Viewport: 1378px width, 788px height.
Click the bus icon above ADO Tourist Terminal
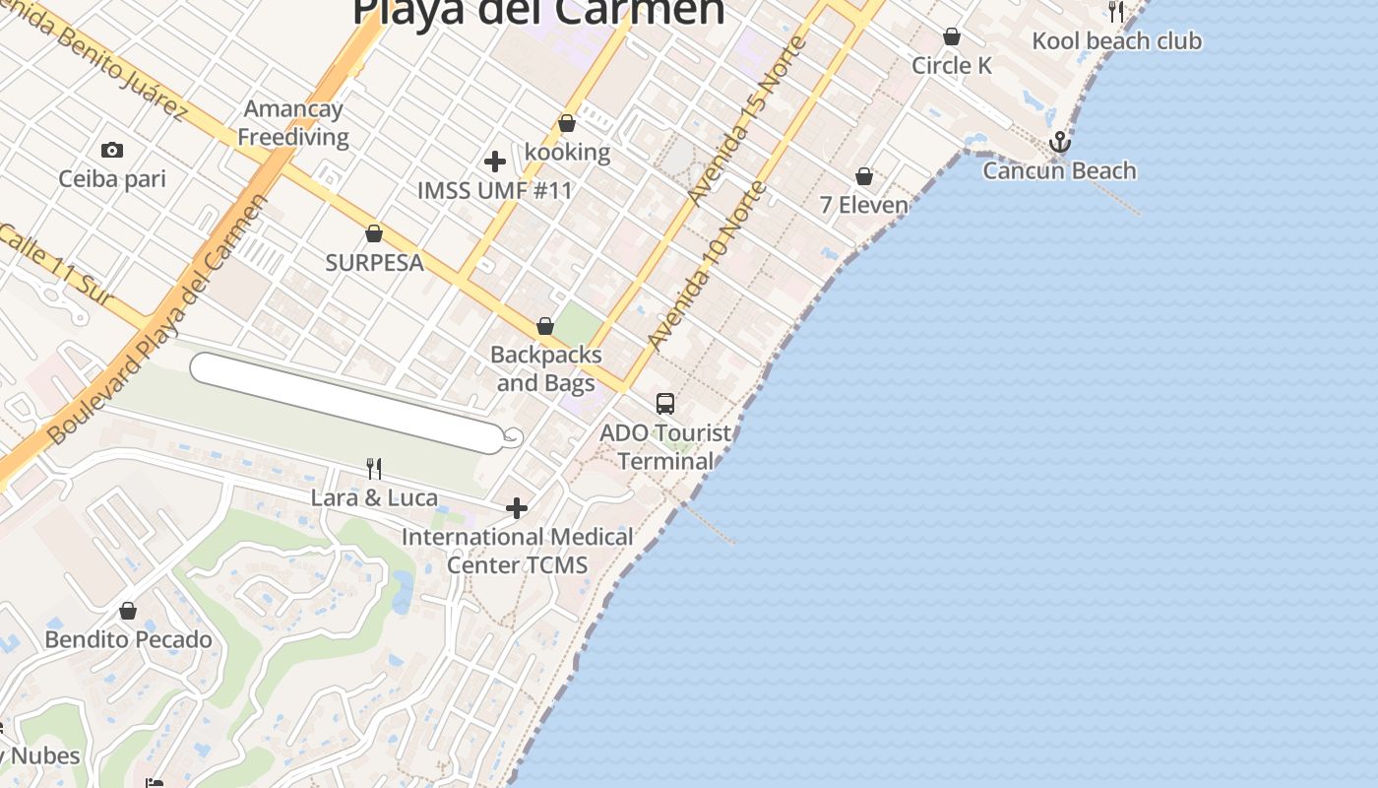pyautogui.click(x=665, y=403)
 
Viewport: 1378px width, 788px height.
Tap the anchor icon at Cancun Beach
pyautogui.click(x=1059, y=143)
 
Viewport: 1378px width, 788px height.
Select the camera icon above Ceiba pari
pyautogui.click(x=112, y=151)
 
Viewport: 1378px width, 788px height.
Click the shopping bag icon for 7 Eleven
pyautogui.click(x=864, y=176)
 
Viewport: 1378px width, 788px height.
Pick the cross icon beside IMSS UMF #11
pyautogui.click(x=495, y=161)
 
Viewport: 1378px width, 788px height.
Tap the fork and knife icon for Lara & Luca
pyautogui.click(x=374, y=469)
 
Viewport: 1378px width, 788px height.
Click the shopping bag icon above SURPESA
pyautogui.click(x=374, y=233)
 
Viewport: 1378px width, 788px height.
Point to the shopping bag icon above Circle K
pyautogui.click(x=952, y=36)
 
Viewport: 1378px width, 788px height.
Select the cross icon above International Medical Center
pyautogui.click(x=517, y=508)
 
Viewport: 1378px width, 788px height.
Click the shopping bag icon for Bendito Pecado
pyautogui.click(x=128, y=611)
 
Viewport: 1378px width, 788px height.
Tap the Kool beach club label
pyautogui.click(x=1116, y=41)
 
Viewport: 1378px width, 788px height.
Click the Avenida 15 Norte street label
pyautogui.click(x=747, y=119)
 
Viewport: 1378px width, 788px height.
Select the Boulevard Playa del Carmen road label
pyautogui.click(x=157, y=319)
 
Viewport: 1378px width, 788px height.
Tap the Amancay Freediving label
pyautogui.click(x=293, y=123)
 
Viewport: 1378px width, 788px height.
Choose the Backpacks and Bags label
pyautogui.click(x=545, y=368)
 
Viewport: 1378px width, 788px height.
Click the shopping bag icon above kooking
pyautogui.click(x=567, y=124)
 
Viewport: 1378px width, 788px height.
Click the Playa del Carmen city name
pyautogui.click(x=538, y=12)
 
